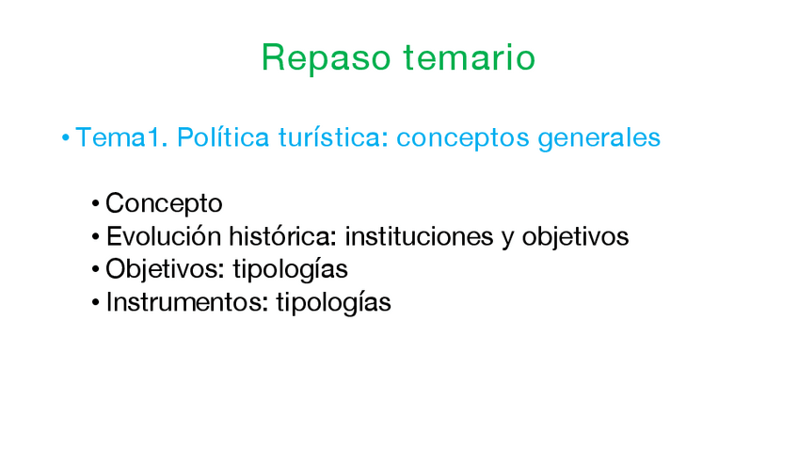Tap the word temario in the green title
tap(470, 56)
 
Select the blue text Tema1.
tap(121, 136)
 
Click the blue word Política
tap(223, 136)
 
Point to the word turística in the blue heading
tap(333, 136)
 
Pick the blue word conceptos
tap(463, 139)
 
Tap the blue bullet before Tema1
tap(66, 137)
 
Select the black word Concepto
tap(164, 203)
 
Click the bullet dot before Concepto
tap(95, 204)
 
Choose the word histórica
tap(282, 236)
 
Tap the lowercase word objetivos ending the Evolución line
tap(576, 237)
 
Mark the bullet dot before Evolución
tap(95, 237)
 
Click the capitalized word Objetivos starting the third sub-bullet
tap(165, 269)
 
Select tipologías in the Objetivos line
tap(291, 270)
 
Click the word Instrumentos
tap(186, 302)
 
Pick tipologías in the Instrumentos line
tap(333, 303)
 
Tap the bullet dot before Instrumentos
tap(95, 303)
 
